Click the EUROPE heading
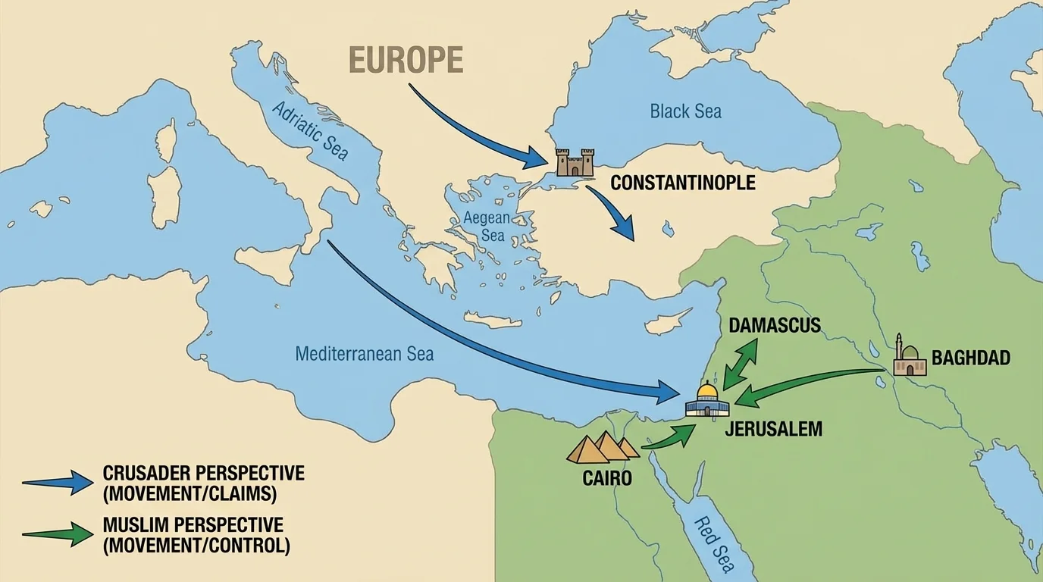406,60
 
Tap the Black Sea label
685,111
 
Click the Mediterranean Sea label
364,354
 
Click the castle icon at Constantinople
575,162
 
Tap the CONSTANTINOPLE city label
682,183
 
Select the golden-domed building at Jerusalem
706,400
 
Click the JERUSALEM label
773,429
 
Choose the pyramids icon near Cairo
603,447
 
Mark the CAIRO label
607,478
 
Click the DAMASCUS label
775,326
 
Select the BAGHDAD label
970,358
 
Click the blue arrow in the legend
58,483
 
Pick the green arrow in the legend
58,534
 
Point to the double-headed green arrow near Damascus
741,364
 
